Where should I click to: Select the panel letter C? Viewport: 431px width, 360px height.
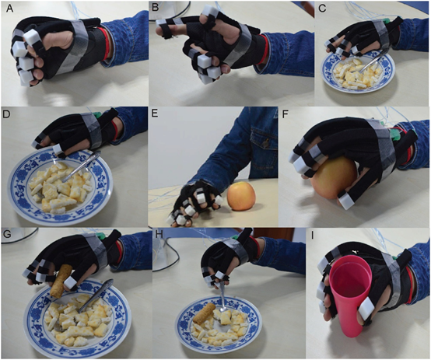(322, 9)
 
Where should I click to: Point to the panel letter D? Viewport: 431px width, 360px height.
(6, 114)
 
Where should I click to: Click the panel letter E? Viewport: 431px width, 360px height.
(155, 114)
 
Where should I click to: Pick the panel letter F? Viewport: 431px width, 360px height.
(286, 114)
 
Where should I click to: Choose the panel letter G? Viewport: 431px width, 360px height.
(6, 234)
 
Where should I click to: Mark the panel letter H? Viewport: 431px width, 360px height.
(159, 234)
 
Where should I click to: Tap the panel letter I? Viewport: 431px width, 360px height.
(313, 236)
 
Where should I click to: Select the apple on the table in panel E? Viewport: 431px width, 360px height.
(241, 196)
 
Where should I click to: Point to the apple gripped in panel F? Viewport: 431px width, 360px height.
(333, 179)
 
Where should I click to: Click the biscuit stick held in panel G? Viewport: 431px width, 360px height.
(61, 281)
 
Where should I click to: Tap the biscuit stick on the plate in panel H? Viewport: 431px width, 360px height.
(203, 313)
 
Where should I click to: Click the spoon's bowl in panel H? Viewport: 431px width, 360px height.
(223, 309)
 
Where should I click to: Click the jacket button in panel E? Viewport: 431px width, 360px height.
(266, 142)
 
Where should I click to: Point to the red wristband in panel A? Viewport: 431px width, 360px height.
(103, 44)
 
